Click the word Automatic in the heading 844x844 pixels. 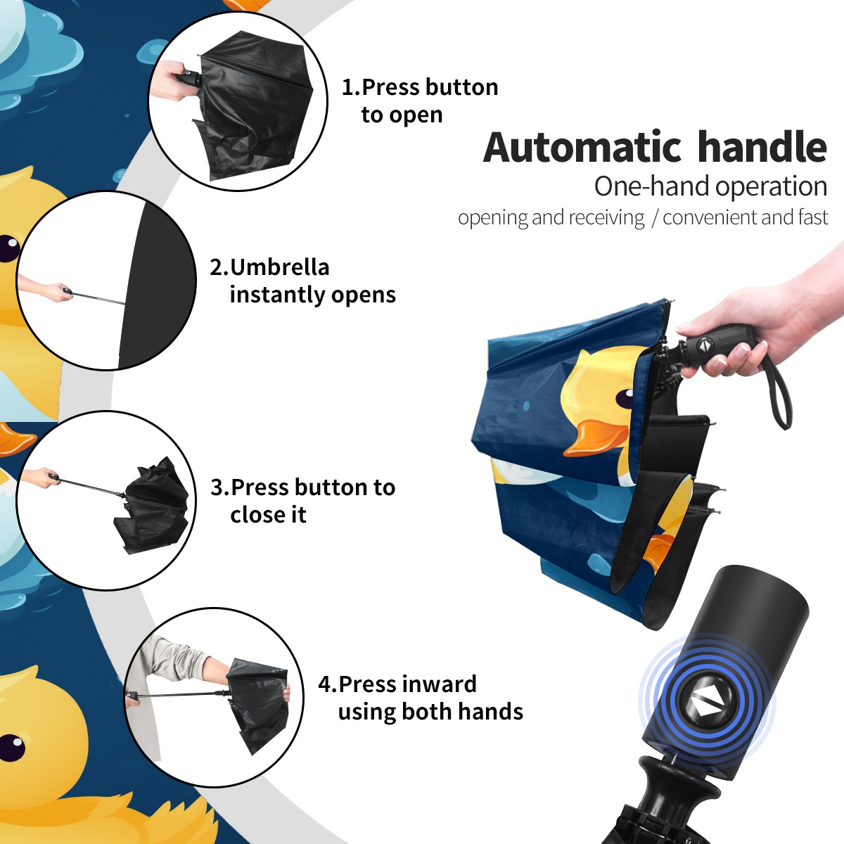[x=582, y=148]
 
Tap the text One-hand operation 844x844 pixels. [x=710, y=187]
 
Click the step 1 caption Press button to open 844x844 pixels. [x=420, y=101]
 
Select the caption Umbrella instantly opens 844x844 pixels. [x=302, y=281]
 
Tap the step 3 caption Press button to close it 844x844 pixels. [x=302, y=501]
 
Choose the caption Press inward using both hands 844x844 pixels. [x=421, y=698]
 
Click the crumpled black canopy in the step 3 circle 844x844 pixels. [x=152, y=506]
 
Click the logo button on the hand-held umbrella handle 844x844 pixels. [x=705, y=345]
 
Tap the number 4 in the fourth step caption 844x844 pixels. [x=325, y=684]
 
